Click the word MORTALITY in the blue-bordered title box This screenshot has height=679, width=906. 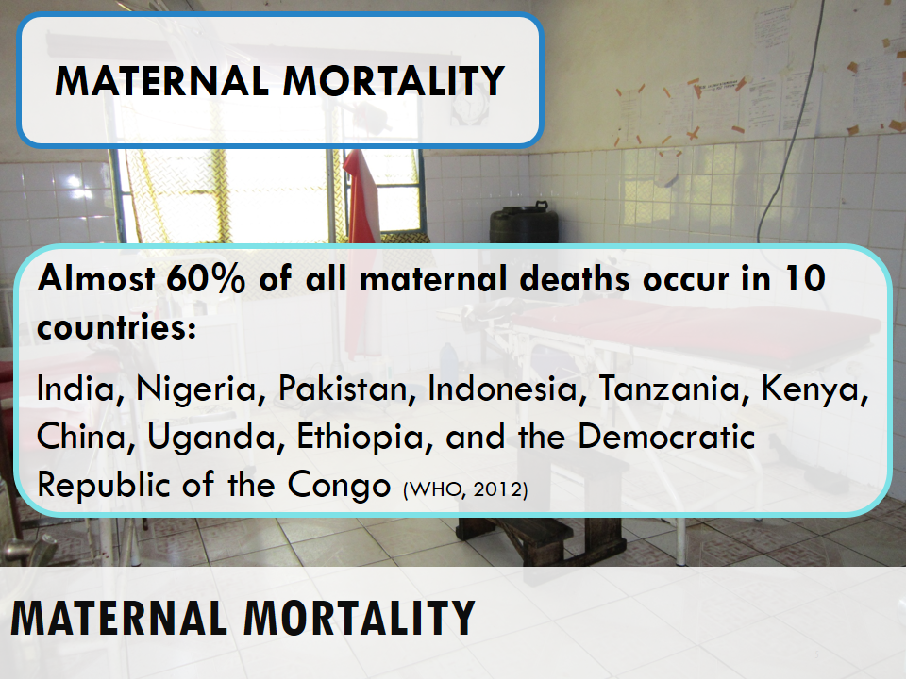tap(394, 81)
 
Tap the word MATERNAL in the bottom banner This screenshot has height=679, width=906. tap(119, 618)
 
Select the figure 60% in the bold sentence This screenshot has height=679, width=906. tap(206, 279)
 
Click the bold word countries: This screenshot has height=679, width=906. tap(117, 327)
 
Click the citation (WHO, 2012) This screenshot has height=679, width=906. tap(465, 489)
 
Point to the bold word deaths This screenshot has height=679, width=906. tap(575, 279)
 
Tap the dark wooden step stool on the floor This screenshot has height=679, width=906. tap(540, 536)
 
